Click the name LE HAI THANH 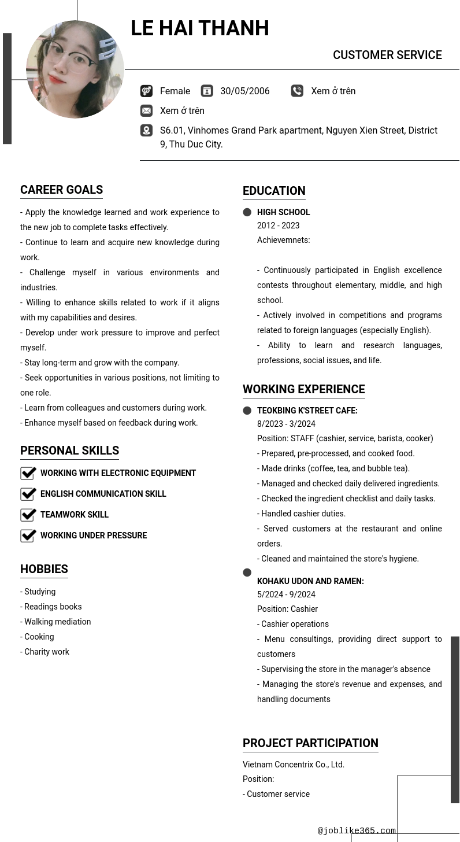199,28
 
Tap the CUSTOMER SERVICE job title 387,55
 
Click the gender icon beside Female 146,91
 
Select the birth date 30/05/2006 244,91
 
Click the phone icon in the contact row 297,91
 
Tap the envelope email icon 146,110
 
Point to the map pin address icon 146,131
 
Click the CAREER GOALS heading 61,190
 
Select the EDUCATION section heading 274,191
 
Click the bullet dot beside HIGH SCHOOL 247,212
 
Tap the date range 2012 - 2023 278,226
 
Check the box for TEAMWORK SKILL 28,515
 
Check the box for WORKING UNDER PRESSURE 28,536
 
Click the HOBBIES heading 44,569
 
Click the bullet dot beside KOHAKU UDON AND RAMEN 247,573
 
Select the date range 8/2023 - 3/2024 286,424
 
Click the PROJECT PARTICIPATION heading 310,743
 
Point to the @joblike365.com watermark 357,831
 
